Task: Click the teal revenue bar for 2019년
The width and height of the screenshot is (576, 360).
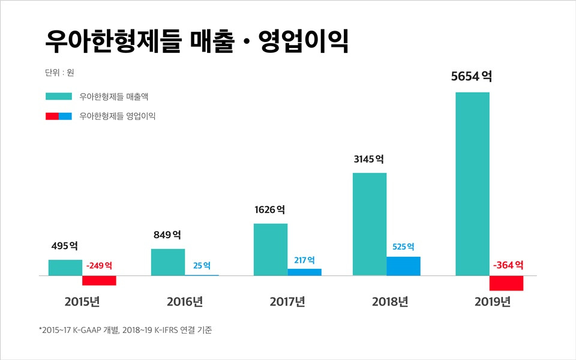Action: [472, 184]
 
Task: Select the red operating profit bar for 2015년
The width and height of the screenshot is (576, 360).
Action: [99, 281]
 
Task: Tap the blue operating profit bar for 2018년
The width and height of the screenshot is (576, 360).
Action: [403, 266]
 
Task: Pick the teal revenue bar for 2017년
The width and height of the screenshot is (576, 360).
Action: [270, 250]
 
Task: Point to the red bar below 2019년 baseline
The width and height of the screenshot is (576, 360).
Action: [506, 283]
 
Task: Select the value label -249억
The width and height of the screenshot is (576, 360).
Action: [99, 265]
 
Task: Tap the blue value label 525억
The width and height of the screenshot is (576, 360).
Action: [403, 247]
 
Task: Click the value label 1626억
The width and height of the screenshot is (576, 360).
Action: [270, 210]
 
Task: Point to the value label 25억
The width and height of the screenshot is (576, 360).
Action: [202, 265]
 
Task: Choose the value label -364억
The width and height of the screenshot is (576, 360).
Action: [508, 265]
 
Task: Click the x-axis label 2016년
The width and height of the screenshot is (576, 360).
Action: [184, 301]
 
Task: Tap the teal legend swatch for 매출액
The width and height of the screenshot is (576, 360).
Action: [58, 96]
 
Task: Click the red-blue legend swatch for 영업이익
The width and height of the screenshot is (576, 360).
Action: [58, 116]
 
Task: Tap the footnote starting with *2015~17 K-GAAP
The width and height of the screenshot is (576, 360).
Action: [125, 330]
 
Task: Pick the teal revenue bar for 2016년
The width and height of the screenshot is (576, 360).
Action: [168, 262]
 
